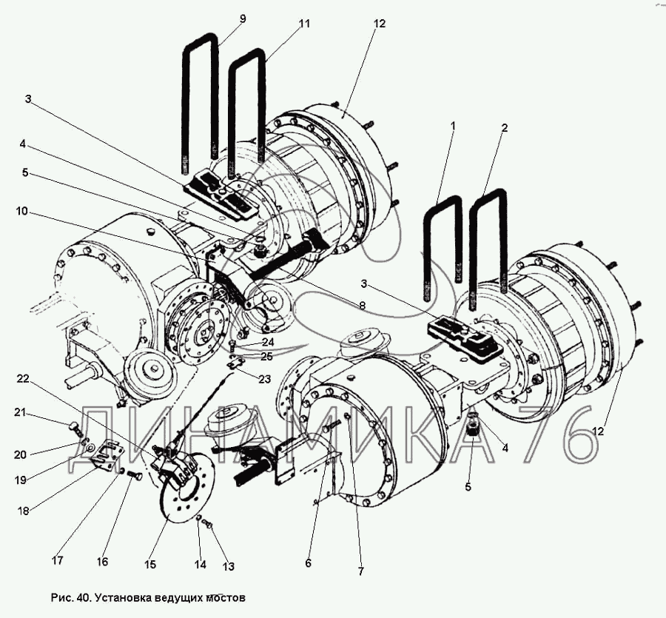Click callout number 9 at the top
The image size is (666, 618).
(242, 19)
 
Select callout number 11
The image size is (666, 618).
(303, 24)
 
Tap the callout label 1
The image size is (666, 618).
(453, 126)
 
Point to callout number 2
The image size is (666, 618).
(504, 127)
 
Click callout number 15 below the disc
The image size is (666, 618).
(150, 565)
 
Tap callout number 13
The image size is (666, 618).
(229, 566)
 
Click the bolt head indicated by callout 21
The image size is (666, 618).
(73, 427)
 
